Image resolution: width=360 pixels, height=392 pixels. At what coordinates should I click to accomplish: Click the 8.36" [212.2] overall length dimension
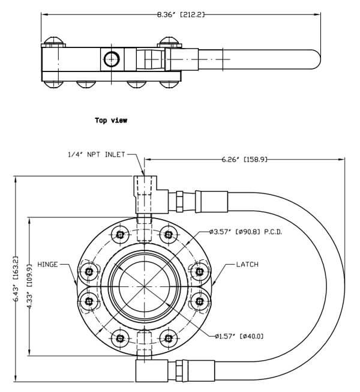click(x=181, y=14)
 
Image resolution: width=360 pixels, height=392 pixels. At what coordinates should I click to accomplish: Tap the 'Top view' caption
click(x=111, y=120)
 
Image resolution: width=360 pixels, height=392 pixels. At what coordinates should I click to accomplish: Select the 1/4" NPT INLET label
click(x=97, y=154)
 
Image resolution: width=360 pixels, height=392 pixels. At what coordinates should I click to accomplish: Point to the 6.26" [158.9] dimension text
click(x=244, y=159)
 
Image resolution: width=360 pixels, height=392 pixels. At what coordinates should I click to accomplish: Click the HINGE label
click(x=47, y=264)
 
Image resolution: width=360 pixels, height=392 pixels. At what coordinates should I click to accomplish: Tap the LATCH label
click(x=247, y=264)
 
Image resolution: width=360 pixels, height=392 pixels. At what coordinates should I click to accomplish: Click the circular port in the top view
click(x=112, y=59)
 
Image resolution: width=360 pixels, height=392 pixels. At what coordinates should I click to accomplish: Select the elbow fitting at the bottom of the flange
click(x=151, y=370)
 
